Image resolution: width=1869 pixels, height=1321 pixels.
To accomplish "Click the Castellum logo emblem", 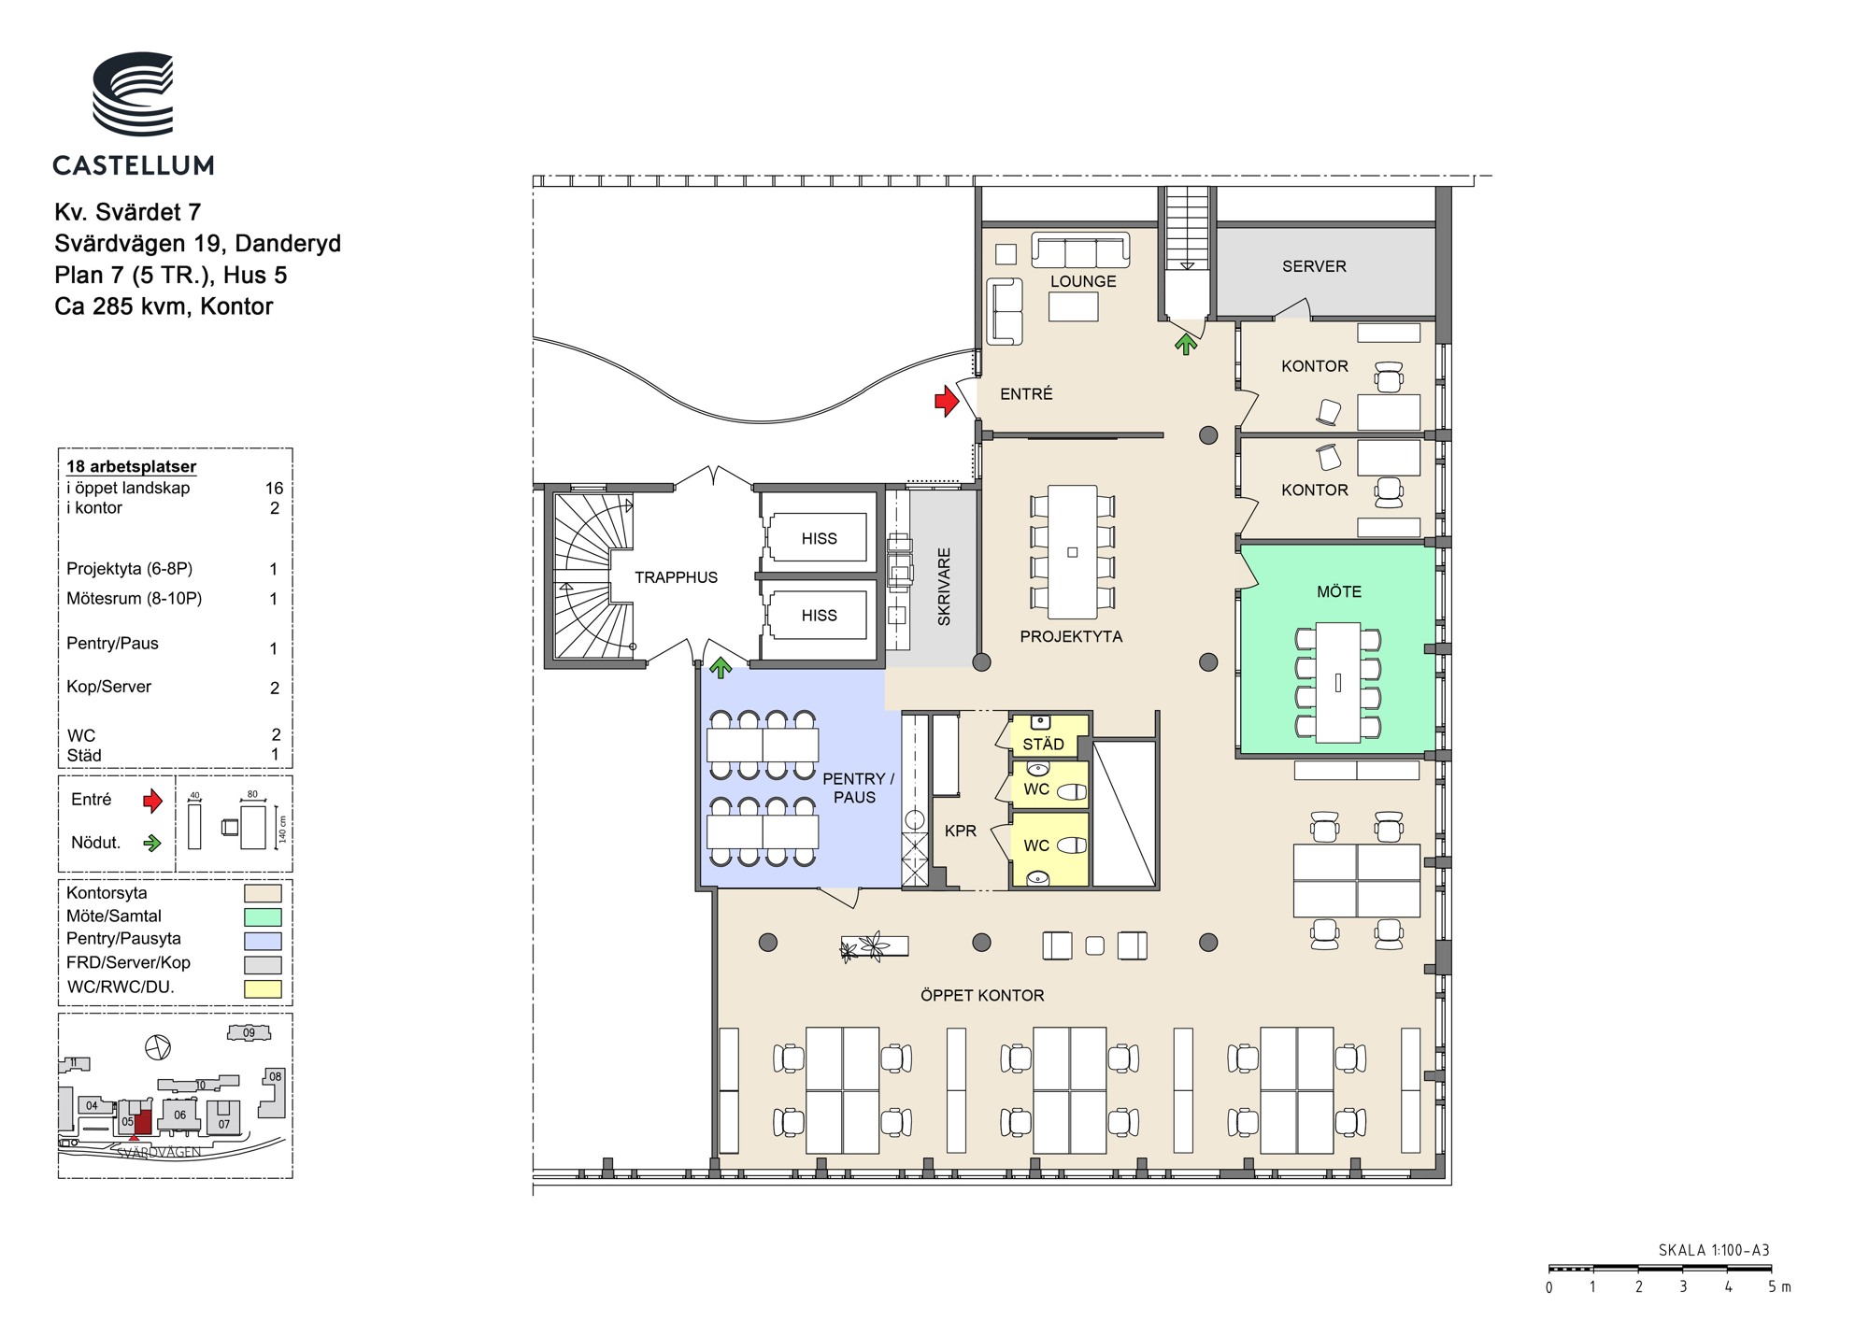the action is click(x=133, y=93).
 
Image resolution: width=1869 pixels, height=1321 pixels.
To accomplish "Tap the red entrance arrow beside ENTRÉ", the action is click(x=948, y=401).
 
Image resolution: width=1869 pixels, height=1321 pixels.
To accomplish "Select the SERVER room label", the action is click(x=1314, y=266).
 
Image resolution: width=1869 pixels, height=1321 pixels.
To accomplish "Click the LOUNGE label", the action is click(x=1083, y=281).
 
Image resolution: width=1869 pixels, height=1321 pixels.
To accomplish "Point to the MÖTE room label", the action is click(x=1339, y=591).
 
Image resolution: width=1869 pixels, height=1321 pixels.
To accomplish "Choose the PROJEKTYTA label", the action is click(x=1071, y=636).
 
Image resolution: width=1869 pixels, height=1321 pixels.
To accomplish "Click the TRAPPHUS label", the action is click(x=677, y=577).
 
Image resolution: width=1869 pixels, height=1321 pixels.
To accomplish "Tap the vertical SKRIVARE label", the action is click(x=944, y=587).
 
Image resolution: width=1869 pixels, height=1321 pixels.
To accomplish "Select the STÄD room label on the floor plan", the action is click(x=1043, y=744).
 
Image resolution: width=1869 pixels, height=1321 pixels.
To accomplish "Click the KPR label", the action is click(x=961, y=831).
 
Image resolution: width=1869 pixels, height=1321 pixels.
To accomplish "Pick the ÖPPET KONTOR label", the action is click(x=982, y=996).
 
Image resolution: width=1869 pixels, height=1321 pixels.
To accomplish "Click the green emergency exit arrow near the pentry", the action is click(x=720, y=667).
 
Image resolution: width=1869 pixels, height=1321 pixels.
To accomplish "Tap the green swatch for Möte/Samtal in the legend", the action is click(x=263, y=917).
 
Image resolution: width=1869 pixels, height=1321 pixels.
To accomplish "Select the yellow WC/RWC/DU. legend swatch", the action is click(x=263, y=988).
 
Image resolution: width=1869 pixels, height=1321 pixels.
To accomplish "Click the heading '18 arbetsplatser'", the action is click(x=132, y=466).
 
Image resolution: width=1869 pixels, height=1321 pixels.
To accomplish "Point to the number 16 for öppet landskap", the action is click(x=274, y=488).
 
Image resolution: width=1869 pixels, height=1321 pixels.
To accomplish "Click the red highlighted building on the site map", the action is click(x=144, y=1121).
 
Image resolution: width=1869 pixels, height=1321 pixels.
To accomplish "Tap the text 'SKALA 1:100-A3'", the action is click(x=1714, y=1250).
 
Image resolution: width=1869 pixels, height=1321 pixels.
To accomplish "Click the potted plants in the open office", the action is click(x=864, y=946).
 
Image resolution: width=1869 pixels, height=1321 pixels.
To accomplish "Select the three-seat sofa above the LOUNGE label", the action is click(x=1080, y=250).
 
